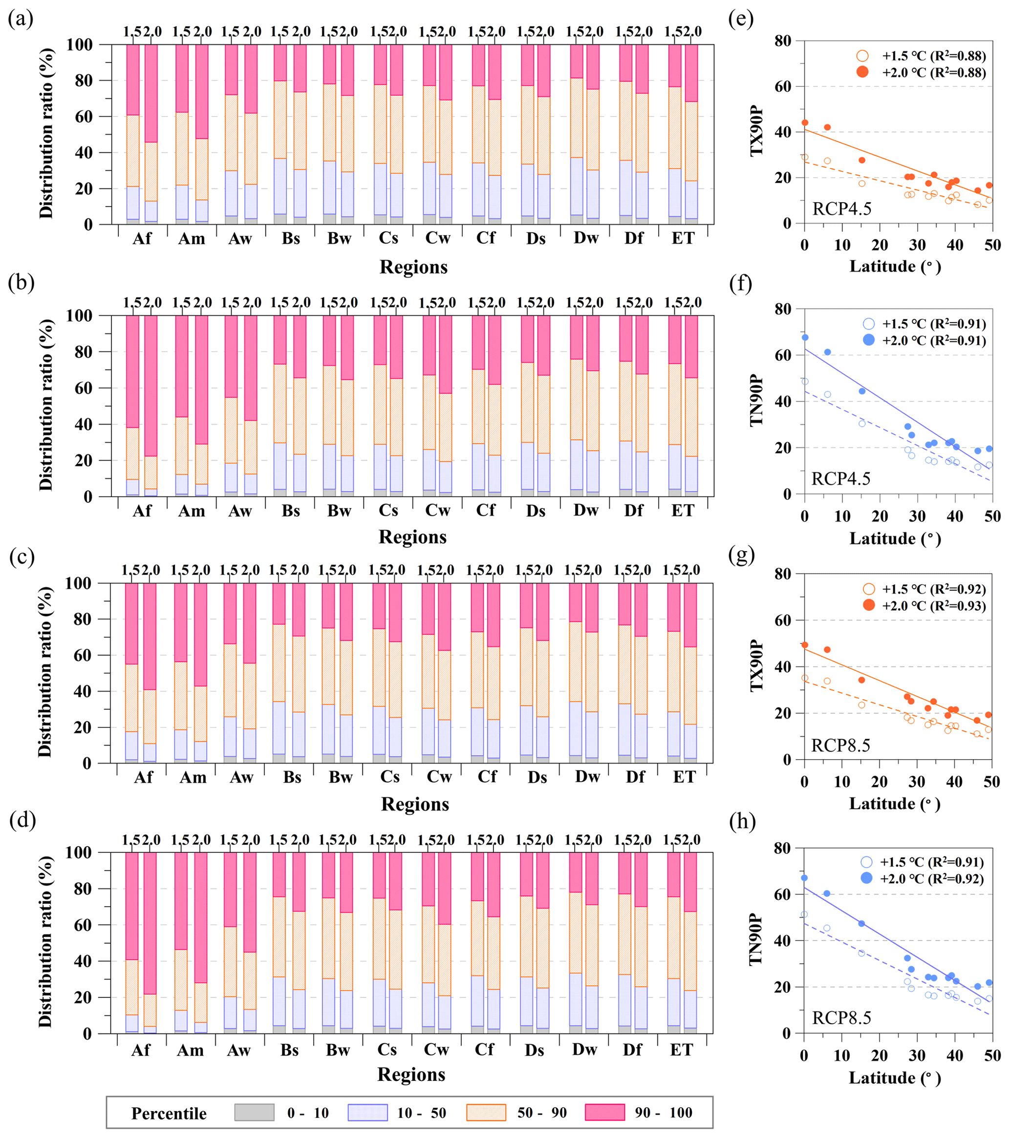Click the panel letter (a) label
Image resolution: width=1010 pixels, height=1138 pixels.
[x=21, y=19]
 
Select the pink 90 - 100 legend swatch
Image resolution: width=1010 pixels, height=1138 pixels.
[x=604, y=1113]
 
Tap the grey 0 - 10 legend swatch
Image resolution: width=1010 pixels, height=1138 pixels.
[x=254, y=1113]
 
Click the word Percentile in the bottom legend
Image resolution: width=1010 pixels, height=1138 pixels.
[x=169, y=1113]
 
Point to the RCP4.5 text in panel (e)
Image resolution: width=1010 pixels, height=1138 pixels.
[x=842, y=209]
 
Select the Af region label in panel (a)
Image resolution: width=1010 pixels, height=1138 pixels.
[x=142, y=239]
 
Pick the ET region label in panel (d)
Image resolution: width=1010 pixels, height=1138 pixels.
[x=681, y=1050]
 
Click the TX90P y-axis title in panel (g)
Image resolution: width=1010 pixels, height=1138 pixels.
[x=756, y=666]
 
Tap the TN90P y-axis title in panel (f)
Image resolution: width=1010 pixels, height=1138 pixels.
[x=756, y=401]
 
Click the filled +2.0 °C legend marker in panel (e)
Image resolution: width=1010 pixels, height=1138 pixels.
[x=862, y=72]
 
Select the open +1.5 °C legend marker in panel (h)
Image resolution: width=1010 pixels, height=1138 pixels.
[x=866, y=862]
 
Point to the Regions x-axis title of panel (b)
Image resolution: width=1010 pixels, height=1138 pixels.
[x=412, y=537]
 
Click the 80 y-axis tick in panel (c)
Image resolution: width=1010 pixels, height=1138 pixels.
[x=87, y=619]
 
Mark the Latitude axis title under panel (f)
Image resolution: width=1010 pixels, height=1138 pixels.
[x=895, y=538]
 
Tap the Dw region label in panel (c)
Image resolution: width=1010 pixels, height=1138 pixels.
[x=587, y=777]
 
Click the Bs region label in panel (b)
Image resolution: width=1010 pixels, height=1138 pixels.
[x=290, y=511]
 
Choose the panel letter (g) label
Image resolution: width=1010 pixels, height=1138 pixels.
[x=740, y=555]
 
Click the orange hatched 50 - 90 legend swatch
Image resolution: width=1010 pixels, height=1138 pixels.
[x=486, y=1113]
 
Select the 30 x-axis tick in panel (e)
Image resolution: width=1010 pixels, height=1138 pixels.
[x=918, y=245]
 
